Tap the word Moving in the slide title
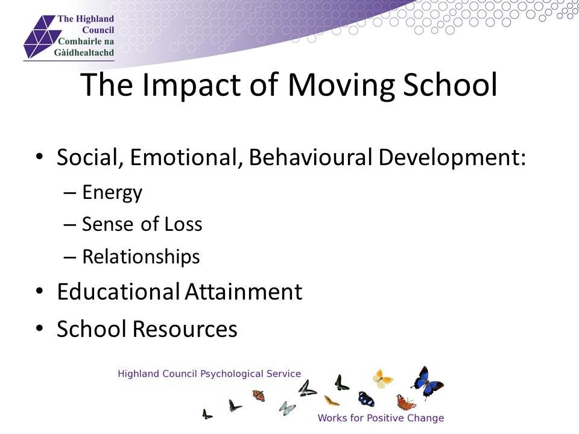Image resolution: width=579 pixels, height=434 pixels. pyautogui.click(x=341, y=85)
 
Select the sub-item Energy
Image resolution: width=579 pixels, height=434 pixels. pyautogui.click(x=112, y=193)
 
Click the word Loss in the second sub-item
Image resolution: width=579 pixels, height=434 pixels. pyautogui.click(x=183, y=224)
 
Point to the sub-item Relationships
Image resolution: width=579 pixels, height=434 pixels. pyautogui.click(x=141, y=257)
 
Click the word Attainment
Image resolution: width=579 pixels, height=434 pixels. pyautogui.click(x=243, y=292)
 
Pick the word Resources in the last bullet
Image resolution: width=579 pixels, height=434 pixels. pyautogui.click(x=185, y=329)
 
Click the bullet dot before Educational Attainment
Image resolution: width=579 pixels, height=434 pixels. pyautogui.click(x=40, y=291)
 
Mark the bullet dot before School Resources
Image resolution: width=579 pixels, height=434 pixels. pyautogui.click(x=40, y=328)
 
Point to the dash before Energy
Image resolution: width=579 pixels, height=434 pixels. pyautogui.click(x=70, y=193)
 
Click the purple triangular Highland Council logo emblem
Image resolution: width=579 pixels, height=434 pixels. pyautogui.click(x=40, y=36)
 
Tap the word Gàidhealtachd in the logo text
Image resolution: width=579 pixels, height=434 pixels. pyautogui.click(x=84, y=53)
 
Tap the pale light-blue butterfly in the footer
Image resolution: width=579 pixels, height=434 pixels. pyautogui.click(x=287, y=408)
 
